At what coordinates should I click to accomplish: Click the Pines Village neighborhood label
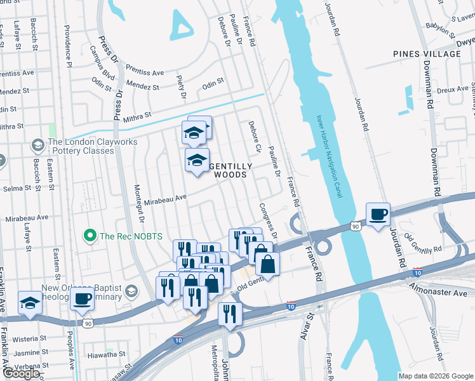click(x=427, y=54)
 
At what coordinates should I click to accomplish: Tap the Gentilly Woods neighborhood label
click(x=232, y=170)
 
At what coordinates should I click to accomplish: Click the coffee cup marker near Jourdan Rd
click(x=378, y=215)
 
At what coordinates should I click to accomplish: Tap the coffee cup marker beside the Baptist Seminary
click(x=82, y=298)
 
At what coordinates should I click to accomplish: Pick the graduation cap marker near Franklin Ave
click(x=30, y=304)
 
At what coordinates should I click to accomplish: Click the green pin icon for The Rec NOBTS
click(x=90, y=236)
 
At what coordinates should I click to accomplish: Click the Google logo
click(x=21, y=373)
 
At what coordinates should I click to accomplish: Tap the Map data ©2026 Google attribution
click(x=435, y=376)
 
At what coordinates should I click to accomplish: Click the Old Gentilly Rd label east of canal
click(x=424, y=248)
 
